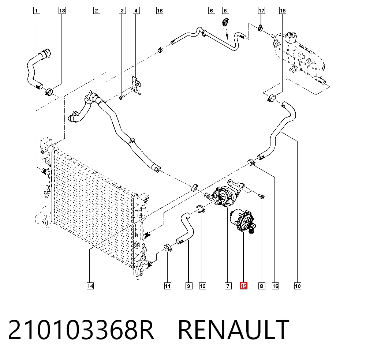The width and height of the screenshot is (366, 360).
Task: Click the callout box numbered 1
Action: tap(36, 11)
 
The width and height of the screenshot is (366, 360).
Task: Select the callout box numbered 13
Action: tap(62, 11)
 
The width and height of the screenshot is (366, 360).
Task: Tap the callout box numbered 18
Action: tap(160, 11)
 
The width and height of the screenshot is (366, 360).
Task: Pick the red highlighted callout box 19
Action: tap(243, 286)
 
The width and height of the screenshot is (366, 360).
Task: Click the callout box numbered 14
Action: tap(90, 286)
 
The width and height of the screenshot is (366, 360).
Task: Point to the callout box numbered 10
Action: tap(298, 286)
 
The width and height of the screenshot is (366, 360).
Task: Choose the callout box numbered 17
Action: tap(261, 11)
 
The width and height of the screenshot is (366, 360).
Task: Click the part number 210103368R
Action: tap(81, 330)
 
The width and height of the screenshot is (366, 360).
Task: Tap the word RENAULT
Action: tap(234, 330)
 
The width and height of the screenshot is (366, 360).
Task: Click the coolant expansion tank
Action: tap(299, 56)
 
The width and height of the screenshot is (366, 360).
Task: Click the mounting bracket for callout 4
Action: tap(136, 86)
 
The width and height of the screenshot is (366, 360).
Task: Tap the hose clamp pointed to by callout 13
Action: tap(49, 91)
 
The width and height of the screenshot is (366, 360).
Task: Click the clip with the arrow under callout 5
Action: tap(225, 22)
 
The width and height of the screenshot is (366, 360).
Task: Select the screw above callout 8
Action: tap(262, 196)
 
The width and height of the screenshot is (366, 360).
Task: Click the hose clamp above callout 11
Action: tap(168, 248)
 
